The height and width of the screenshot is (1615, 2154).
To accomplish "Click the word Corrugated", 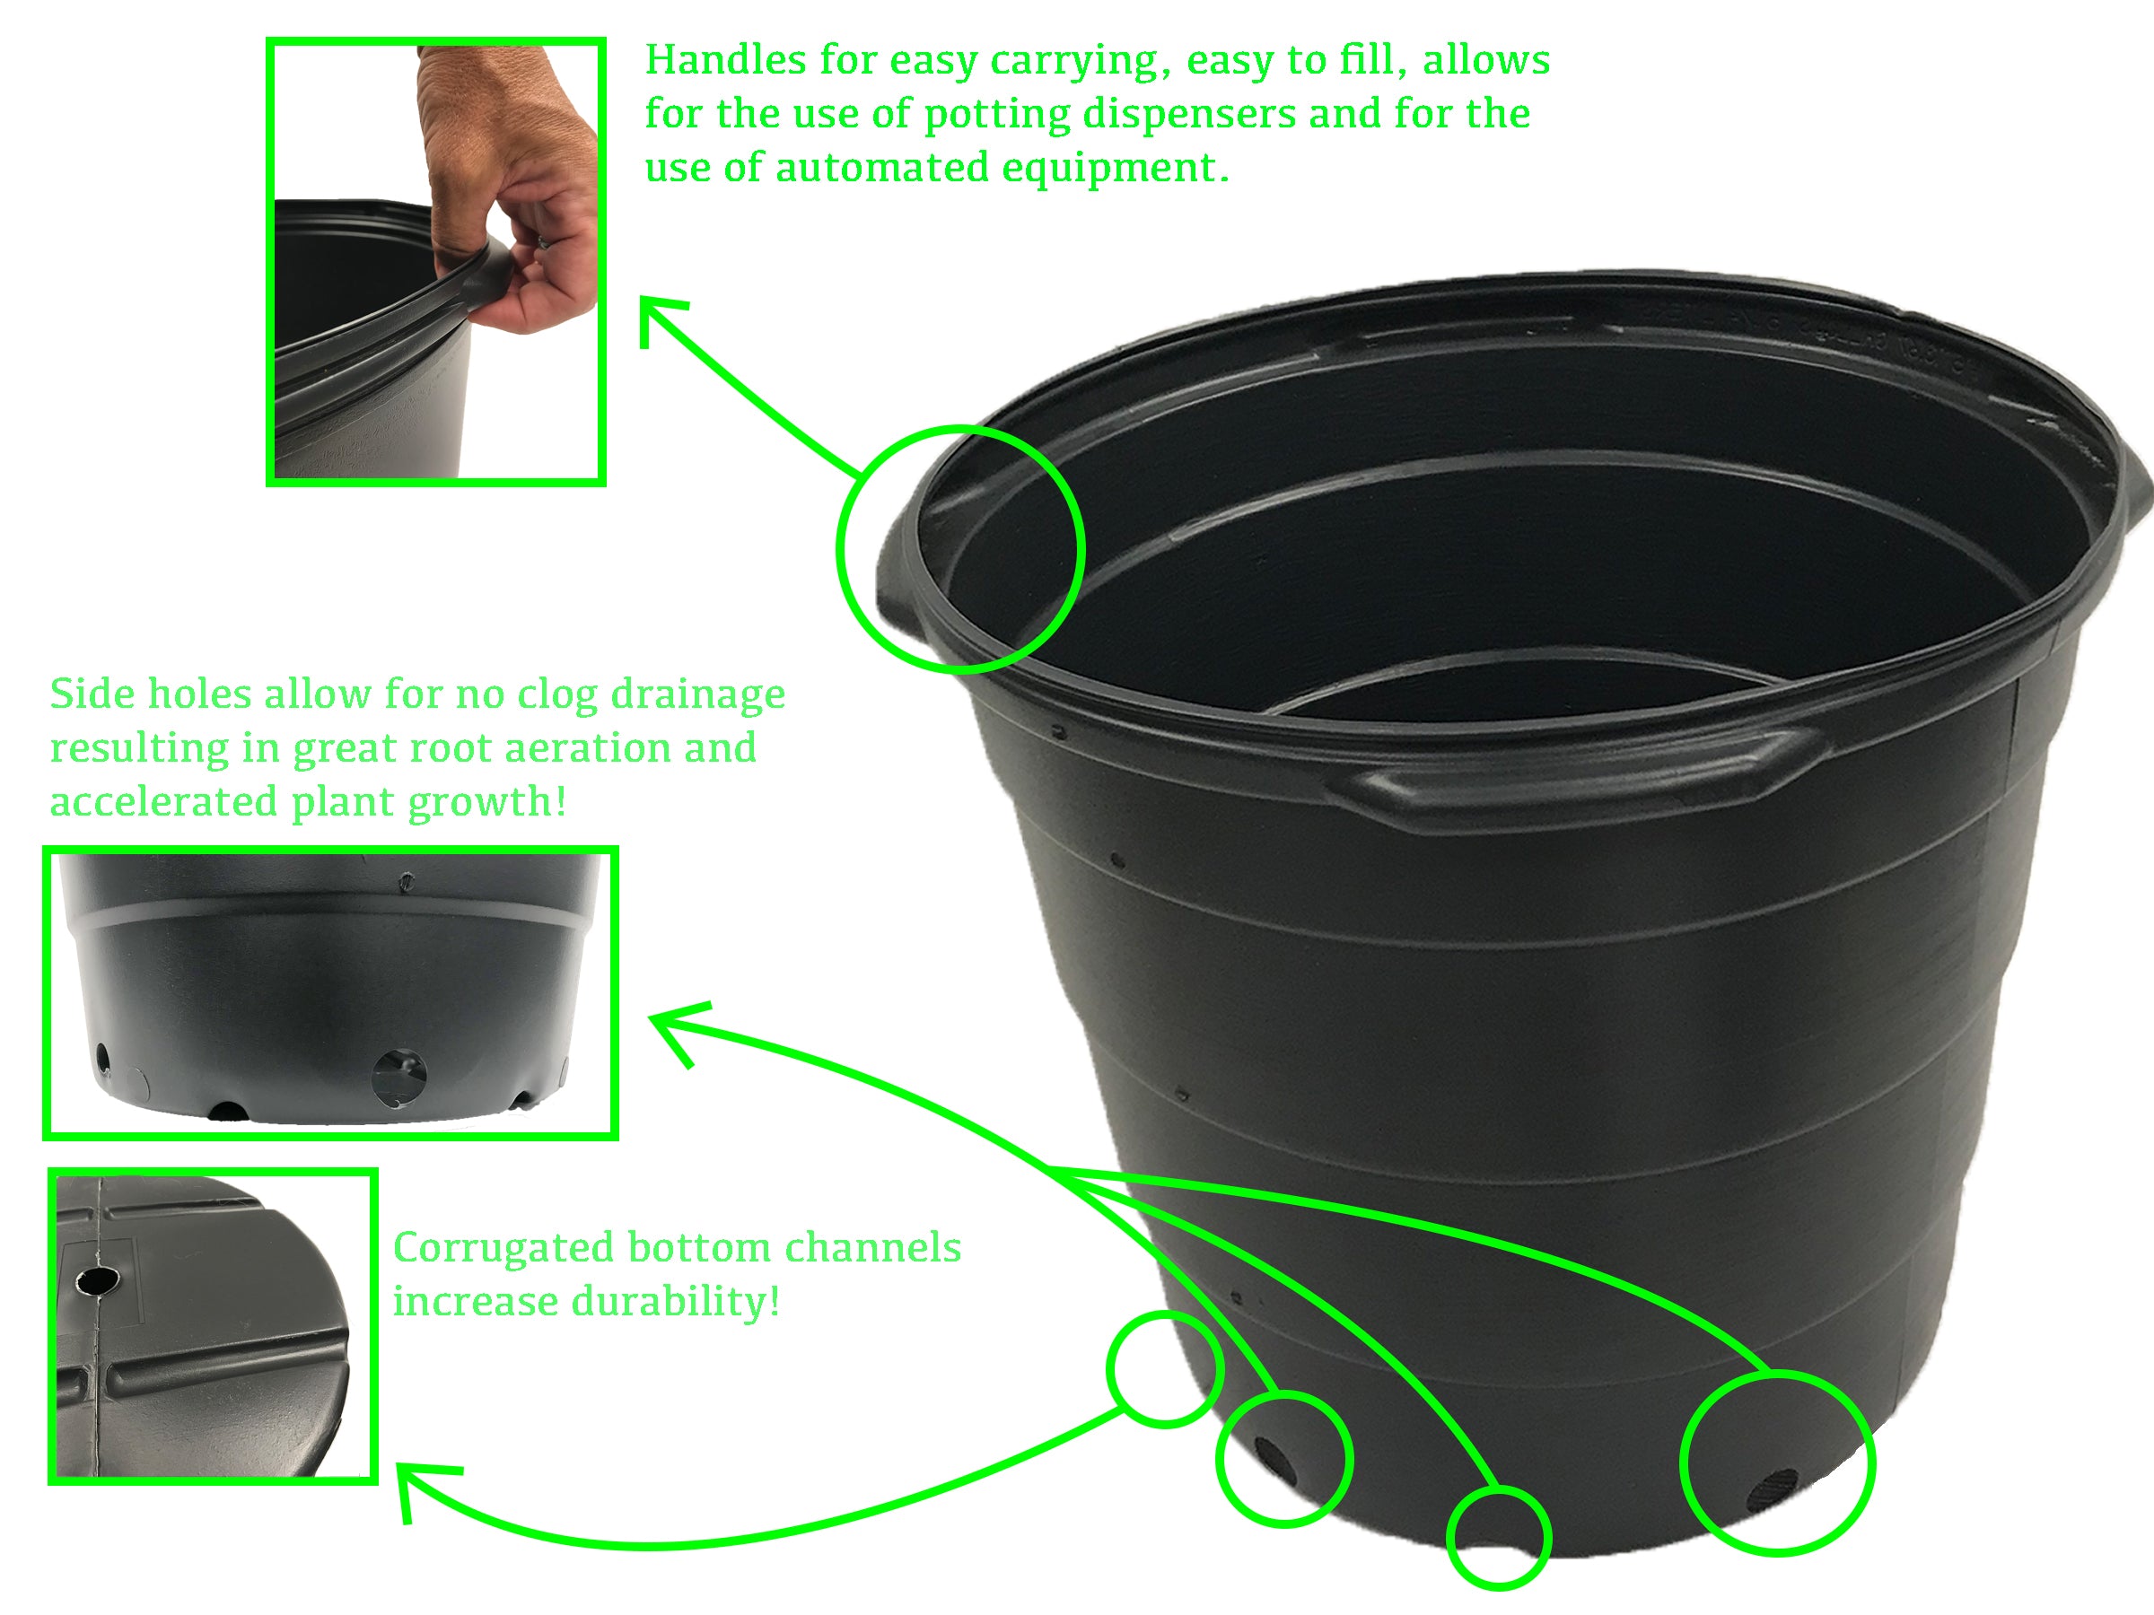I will coord(503,1248).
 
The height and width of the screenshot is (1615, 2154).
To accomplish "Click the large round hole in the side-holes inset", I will coord(400,1077).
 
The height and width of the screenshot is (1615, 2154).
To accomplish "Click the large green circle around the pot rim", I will coord(960,549).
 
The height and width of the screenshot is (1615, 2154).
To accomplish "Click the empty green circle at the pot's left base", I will coord(1165,1368).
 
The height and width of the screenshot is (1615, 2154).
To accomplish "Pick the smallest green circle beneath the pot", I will coord(1498,1539).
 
